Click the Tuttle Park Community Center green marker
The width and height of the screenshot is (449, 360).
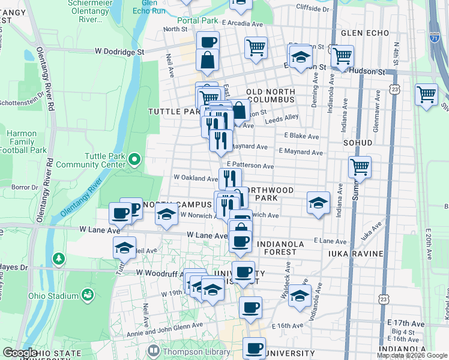[x=135, y=160]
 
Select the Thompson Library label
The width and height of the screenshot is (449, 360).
[x=190, y=350]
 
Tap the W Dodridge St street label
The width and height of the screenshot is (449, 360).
[x=120, y=52]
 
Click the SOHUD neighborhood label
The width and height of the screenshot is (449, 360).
[x=358, y=143]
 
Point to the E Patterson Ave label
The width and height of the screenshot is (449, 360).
[x=250, y=166]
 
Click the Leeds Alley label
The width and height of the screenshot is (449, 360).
[x=283, y=118]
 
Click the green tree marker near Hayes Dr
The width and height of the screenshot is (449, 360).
[x=58, y=259]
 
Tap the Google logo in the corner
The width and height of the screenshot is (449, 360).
[x=20, y=353]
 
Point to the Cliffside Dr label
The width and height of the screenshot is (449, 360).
[x=313, y=9]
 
